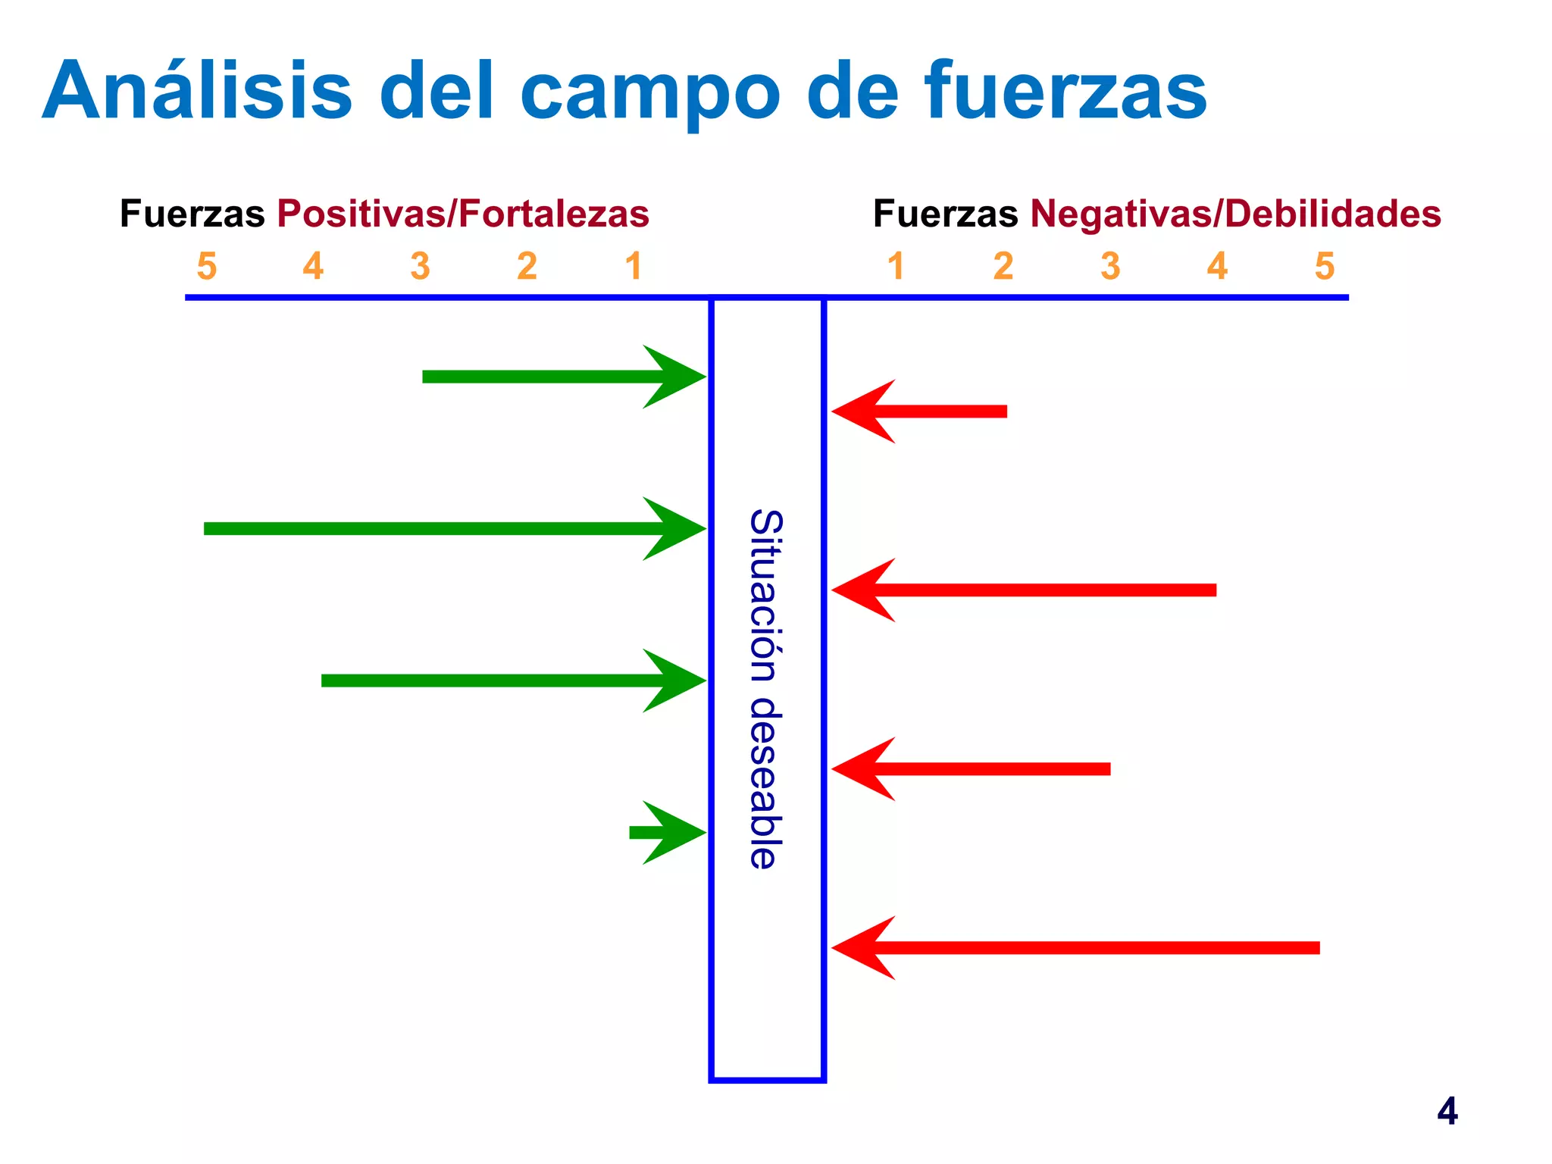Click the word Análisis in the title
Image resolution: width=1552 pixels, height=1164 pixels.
point(197,91)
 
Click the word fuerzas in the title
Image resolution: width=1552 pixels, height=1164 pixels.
point(1065,91)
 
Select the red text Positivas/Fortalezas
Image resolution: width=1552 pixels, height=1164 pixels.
point(463,214)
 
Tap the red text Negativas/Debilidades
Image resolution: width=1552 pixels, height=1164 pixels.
point(1235,214)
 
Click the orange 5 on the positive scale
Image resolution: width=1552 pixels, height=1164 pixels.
point(206,266)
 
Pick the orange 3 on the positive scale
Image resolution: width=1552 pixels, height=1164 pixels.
point(420,266)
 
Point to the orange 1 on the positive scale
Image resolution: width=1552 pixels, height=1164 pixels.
point(634,266)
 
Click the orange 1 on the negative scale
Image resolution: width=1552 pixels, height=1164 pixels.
point(896,266)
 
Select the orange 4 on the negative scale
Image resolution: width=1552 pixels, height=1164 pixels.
point(1217,266)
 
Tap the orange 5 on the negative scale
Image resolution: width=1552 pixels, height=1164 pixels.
point(1324,266)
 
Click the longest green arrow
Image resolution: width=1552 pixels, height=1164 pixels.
point(455,529)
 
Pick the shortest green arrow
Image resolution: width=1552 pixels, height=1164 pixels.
point(667,833)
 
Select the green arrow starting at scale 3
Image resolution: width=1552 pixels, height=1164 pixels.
point(561,377)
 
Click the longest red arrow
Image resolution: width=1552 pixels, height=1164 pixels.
point(1076,948)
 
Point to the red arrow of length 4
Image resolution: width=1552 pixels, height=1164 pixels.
point(1023,590)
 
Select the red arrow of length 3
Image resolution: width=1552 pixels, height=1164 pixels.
point(970,769)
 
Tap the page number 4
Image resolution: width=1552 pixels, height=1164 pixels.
point(1447,1112)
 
